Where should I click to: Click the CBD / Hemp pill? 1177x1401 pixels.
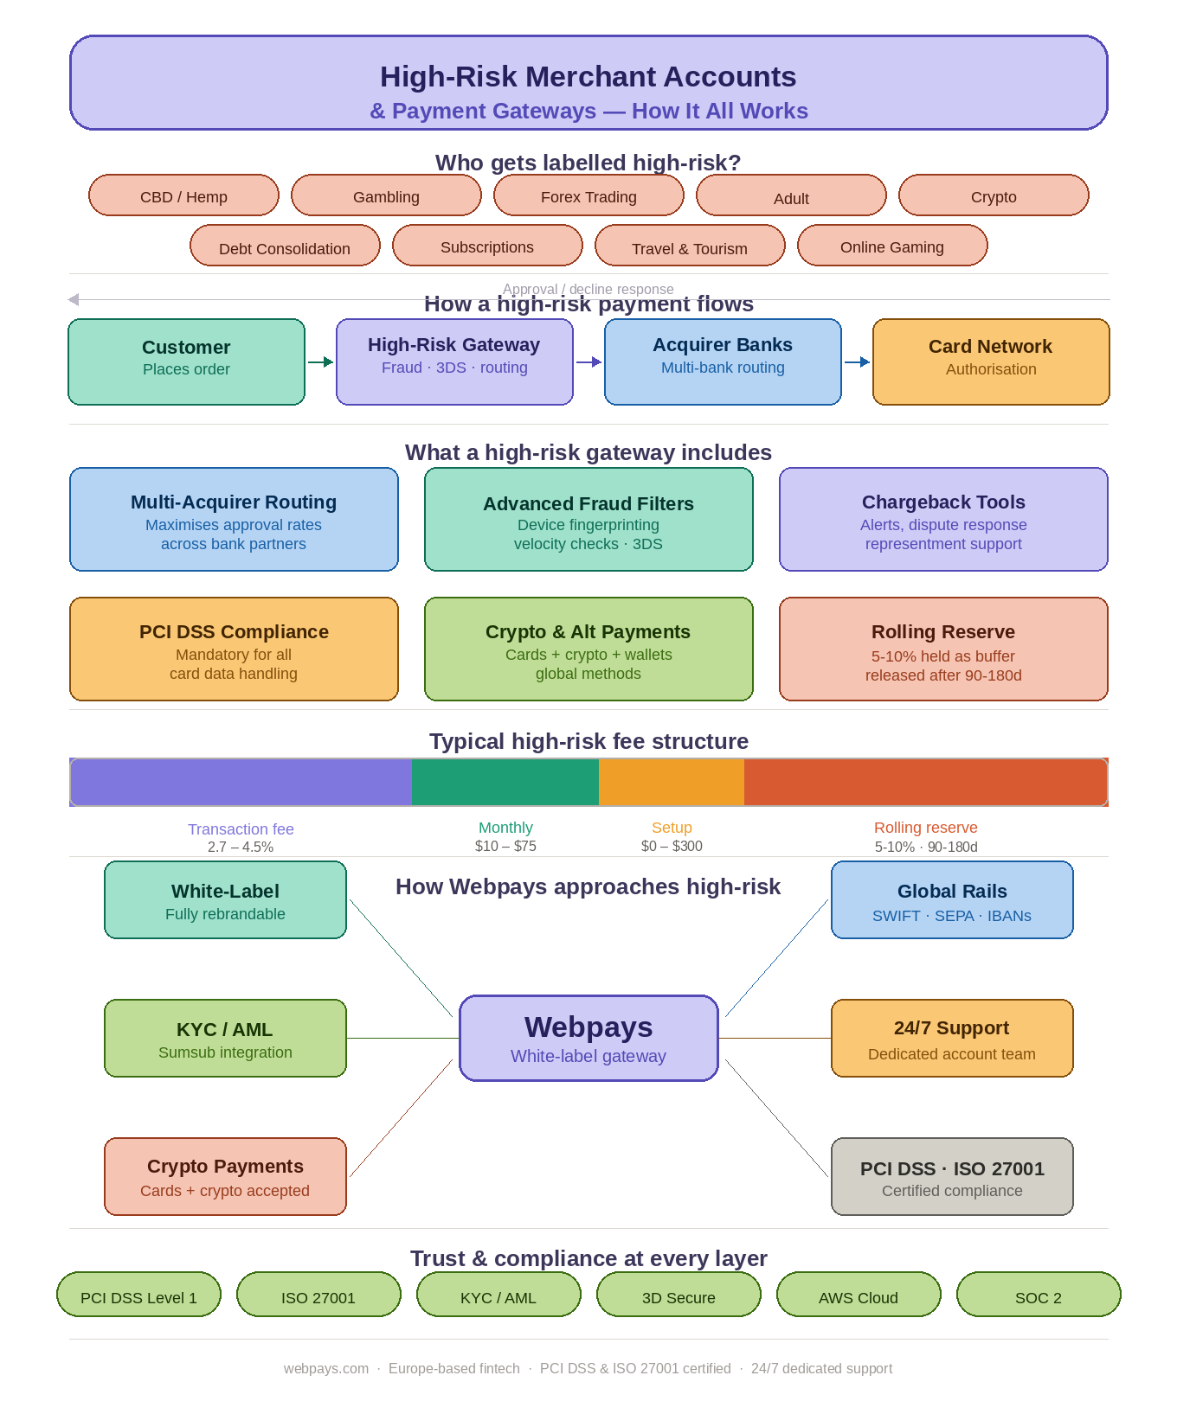[x=183, y=195]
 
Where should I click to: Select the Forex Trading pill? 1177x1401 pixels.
[x=588, y=195]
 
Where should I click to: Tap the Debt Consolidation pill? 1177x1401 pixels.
[x=285, y=246]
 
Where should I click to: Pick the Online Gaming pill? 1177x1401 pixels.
[x=892, y=246]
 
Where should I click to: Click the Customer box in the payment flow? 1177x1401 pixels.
[x=186, y=361]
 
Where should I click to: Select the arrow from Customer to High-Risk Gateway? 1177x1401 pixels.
[x=320, y=361]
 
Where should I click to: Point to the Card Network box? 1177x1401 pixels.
[x=991, y=361]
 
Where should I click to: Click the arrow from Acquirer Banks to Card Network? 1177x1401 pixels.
[x=857, y=361]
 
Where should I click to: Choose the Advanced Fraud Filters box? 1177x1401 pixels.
[x=588, y=519]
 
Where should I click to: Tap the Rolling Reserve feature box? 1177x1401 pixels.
[x=943, y=649]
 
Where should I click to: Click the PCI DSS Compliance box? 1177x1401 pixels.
[x=234, y=649]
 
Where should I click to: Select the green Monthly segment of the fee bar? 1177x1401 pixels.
[x=505, y=782]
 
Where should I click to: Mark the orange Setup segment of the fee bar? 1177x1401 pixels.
[x=672, y=782]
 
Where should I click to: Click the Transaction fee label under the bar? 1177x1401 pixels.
[x=241, y=829]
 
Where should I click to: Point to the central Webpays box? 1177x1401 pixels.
[x=588, y=1038]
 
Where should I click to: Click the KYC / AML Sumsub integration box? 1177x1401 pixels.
[x=225, y=1038]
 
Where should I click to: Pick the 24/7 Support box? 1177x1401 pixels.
[x=952, y=1038]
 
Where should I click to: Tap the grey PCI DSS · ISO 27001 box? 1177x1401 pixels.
[x=952, y=1176]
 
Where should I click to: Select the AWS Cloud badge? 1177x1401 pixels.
[x=859, y=1295]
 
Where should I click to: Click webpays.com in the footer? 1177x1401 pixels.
[x=326, y=1368]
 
